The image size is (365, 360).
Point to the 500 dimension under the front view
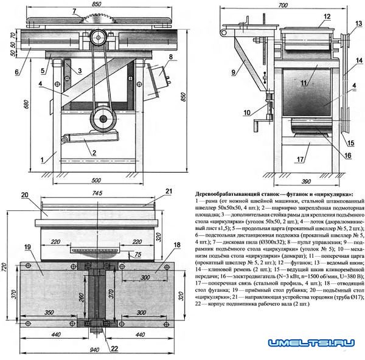(x=96, y=181)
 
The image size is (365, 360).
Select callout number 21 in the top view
(x=169, y=192)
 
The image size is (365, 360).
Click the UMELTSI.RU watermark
(x=314, y=344)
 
